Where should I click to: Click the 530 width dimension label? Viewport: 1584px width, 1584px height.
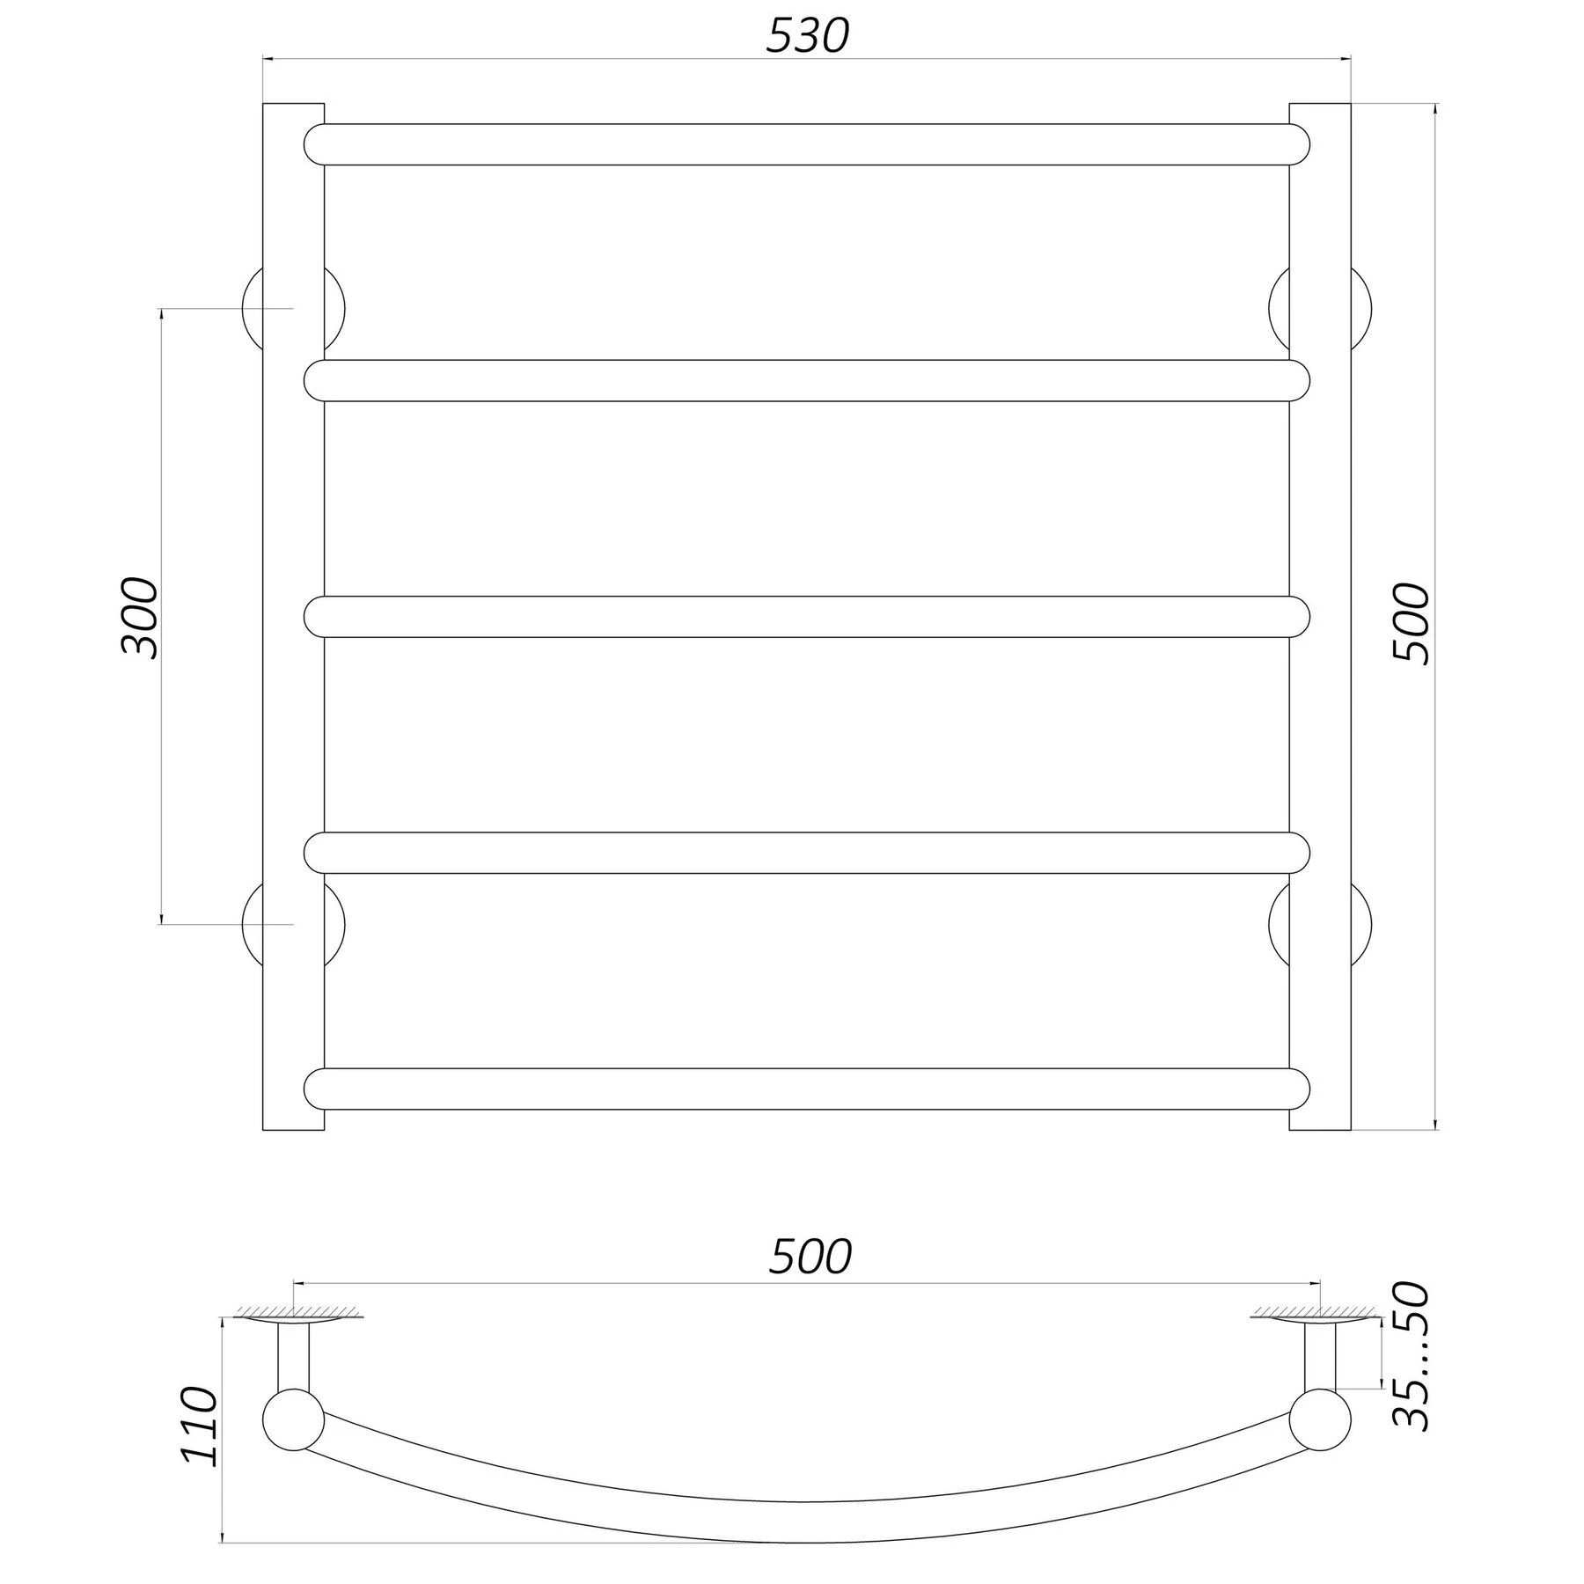point(807,36)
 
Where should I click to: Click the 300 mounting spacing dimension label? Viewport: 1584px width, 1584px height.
point(138,618)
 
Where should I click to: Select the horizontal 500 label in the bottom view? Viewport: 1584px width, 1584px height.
point(810,1257)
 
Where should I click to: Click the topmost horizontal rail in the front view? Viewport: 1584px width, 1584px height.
point(807,144)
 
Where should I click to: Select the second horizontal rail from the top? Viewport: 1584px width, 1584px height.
point(807,380)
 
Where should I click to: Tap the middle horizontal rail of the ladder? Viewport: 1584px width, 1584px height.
point(807,617)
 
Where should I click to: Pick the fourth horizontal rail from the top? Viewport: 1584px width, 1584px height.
point(807,853)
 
